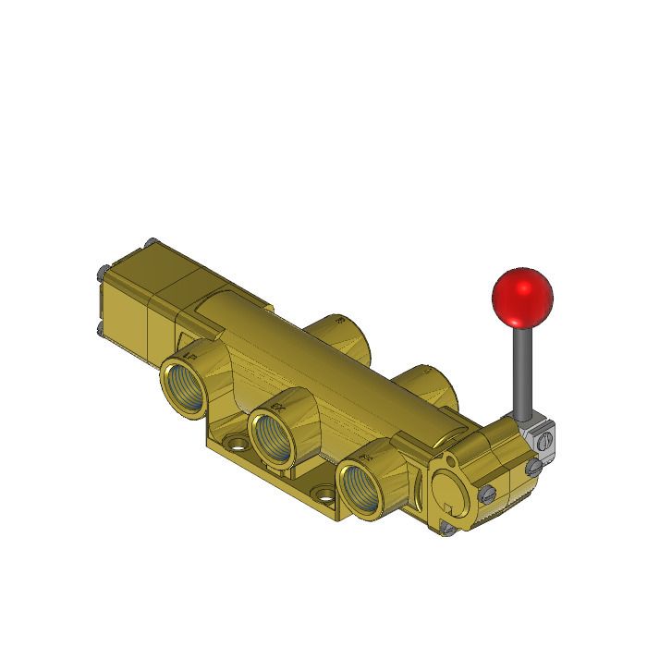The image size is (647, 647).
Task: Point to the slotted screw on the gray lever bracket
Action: [x=544, y=443]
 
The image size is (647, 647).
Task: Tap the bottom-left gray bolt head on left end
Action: [x=100, y=327]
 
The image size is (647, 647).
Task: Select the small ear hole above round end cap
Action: [x=449, y=458]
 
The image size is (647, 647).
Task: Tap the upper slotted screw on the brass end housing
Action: [x=533, y=469]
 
